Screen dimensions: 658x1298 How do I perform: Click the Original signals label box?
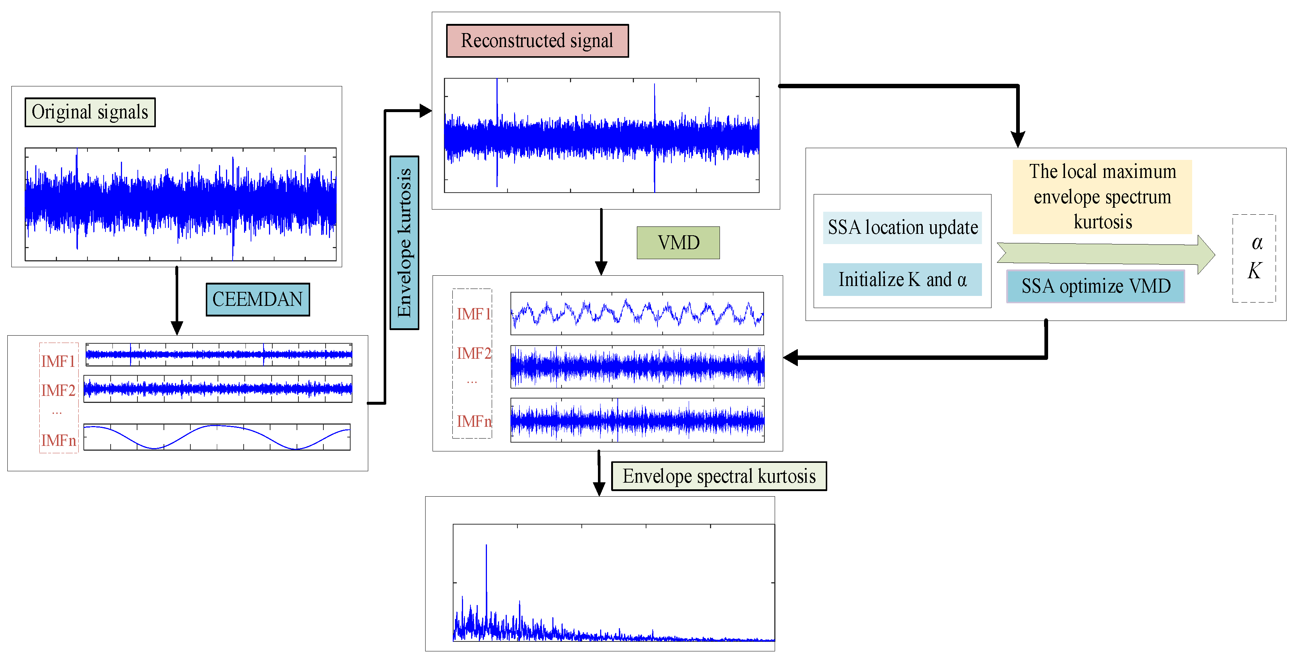coord(90,112)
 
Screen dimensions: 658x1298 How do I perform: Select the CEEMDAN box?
coord(258,299)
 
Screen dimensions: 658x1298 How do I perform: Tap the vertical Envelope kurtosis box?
coord(404,242)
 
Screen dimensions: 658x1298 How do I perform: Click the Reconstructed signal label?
coord(537,41)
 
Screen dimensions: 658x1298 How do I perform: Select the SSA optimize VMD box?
coord(1096,286)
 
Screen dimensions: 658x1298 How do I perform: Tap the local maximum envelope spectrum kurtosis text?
coord(1102,197)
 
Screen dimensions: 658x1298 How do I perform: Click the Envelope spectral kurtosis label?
coord(719,476)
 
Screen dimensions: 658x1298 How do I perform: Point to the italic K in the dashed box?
coord(1254,271)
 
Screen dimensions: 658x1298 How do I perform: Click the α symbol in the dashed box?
coord(1257,243)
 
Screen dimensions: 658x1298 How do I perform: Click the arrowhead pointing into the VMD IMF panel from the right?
coord(791,358)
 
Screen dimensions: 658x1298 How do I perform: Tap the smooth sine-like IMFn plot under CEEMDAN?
coord(217,437)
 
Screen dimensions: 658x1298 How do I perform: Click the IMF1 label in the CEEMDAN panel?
coord(58,361)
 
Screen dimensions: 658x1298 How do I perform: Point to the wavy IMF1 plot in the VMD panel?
coord(637,314)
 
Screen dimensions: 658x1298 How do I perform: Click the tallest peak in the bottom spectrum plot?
coord(486,547)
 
